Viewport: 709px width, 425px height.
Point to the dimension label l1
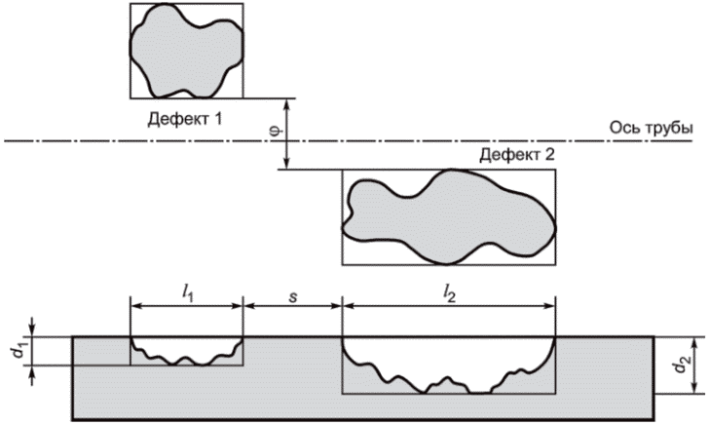pyautogui.click(x=187, y=291)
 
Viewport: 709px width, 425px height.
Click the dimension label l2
pyautogui.click(x=449, y=291)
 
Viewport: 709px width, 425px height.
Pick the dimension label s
pyautogui.click(x=293, y=291)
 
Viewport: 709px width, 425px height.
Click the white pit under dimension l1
pyautogui.click(x=185, y=346)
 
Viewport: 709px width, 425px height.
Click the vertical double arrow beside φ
pyautogui.click(x=287, y=134)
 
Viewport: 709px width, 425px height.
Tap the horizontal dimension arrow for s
pyautogui.click(x=293, y=305)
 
